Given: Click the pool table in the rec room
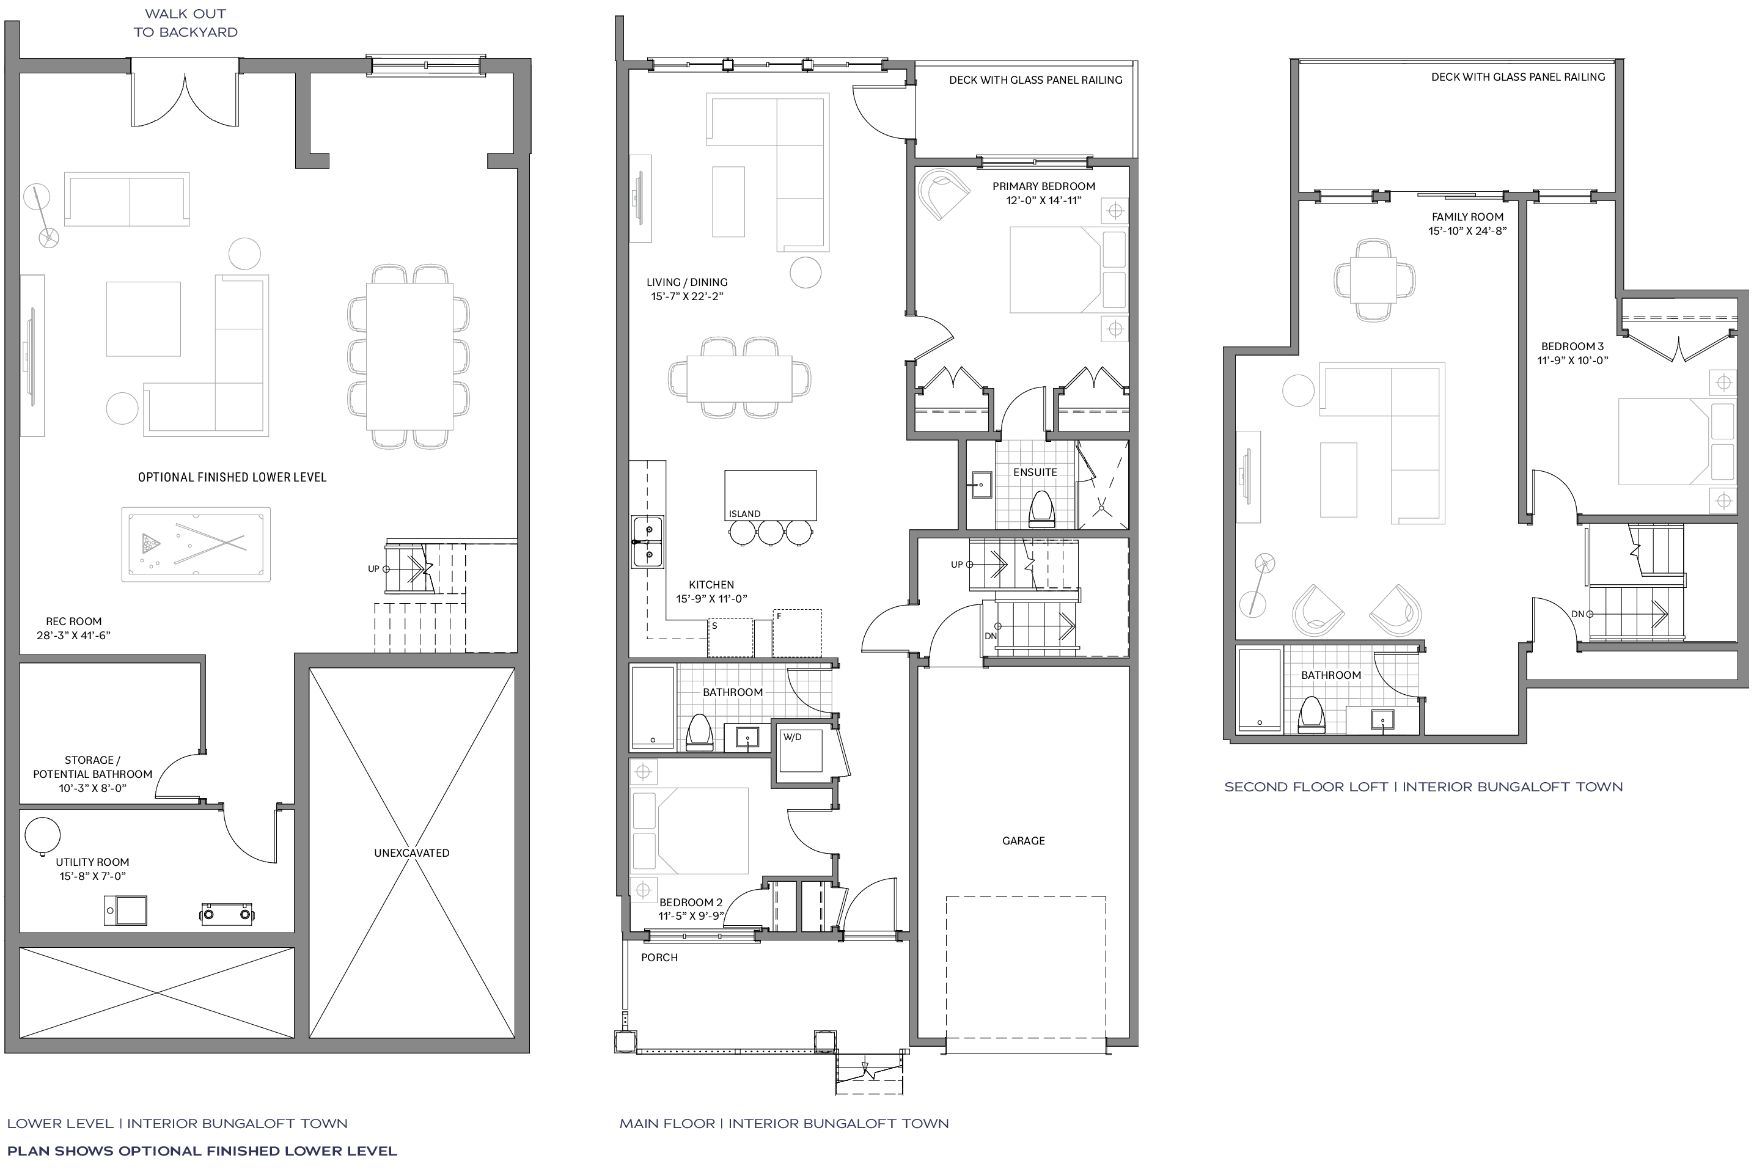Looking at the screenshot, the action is click(x=196, y=544).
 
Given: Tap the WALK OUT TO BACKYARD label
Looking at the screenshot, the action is click(x=186, y=23).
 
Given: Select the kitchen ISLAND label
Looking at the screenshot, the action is click(x=744, y=514).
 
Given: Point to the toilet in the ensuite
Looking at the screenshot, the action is click(x=1041, y=509).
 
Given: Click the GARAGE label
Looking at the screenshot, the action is click(x=1024, y=841).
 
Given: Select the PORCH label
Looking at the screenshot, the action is click(x=659, y=958).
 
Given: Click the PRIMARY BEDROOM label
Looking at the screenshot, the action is click(x=1044, y=186).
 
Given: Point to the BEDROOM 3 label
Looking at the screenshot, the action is click(x=1573, y=346).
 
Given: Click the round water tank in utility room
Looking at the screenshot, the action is click(x=43, y=836).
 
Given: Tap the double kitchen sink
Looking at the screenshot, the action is click(x=648, y=542).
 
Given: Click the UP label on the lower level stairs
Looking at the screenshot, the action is click(x=373, y=569).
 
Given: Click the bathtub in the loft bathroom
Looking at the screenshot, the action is click(x=1260, y=690).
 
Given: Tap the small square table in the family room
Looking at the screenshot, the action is click(x=1374, y=280).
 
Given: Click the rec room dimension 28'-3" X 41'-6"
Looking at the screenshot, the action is click(x=74, y=635).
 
